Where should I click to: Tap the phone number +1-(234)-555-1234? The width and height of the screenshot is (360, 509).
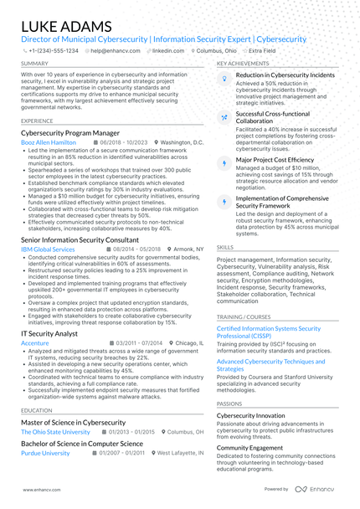[x=53, y=50]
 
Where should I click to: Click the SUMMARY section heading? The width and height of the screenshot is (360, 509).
[x=34, y=64]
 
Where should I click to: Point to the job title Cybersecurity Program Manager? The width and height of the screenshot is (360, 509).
[x=70, y=133]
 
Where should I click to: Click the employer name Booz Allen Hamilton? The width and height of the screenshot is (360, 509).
[x=48, y=143]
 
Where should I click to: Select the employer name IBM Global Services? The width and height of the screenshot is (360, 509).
[x=48, y=249]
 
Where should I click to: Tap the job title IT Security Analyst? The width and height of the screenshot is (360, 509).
[x=49, y=333]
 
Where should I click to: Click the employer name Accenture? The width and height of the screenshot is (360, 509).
[x=35, y=343]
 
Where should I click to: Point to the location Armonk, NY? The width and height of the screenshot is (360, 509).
[x=188, y=249]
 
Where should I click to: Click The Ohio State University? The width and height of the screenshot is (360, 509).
[x=55, y=432]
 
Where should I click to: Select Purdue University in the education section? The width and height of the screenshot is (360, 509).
[x=45, y=453]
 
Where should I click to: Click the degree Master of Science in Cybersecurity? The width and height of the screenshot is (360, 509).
[x=74, y=422]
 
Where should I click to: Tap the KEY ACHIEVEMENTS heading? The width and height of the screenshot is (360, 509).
[x=243, y=64]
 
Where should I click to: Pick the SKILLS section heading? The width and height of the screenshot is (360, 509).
[x=225, y=248]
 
